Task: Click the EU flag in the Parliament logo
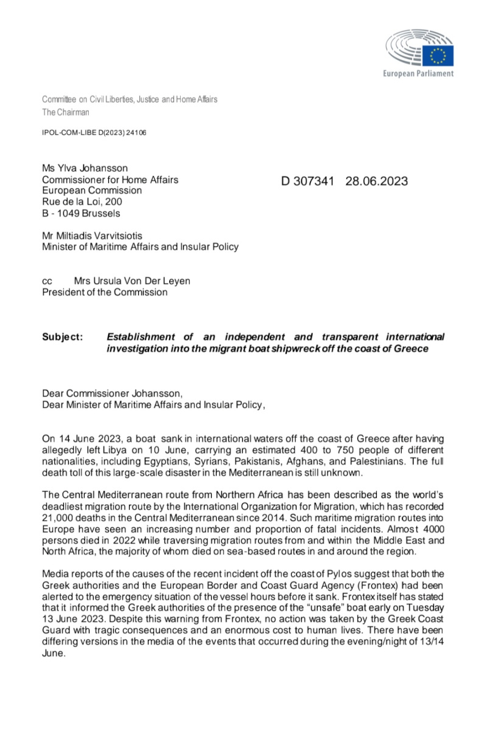tap(439, 55)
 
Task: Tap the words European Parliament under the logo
tap(418, 74)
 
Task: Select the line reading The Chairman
tap(65, 112)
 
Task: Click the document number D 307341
tap(307, 181)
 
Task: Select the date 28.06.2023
tap(376, 181)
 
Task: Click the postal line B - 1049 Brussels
tap(80, 213)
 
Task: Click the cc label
tap(47, 281)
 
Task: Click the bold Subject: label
tap(63, 337)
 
